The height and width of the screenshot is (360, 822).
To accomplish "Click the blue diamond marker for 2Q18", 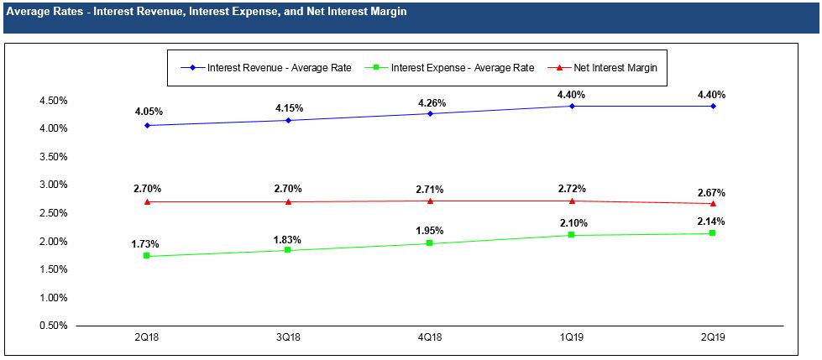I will [x=147, y=126].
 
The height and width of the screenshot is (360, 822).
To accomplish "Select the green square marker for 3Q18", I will [x=288, y=250].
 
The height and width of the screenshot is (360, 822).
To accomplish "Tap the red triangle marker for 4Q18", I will [x=430, y=201].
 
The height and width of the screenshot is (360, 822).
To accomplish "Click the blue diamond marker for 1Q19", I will [x=572, y=106].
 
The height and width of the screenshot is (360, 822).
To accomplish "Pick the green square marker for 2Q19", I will [x=713, y=232].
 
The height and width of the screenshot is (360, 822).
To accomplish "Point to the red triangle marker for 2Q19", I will [x=713, y=203].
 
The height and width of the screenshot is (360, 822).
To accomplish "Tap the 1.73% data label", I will [x=144, y=244].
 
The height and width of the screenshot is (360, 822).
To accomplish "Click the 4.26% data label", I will [x=430, y=103].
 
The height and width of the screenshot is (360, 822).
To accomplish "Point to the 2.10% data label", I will [x=574, y=223].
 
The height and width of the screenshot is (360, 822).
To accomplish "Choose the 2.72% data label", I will [x=572, y=189].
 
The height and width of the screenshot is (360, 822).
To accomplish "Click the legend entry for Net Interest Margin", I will [x=617, y=67].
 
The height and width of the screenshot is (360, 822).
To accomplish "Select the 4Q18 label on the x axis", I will [x=430, y=337].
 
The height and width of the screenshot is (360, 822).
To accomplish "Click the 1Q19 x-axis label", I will [x=572, y=337].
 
